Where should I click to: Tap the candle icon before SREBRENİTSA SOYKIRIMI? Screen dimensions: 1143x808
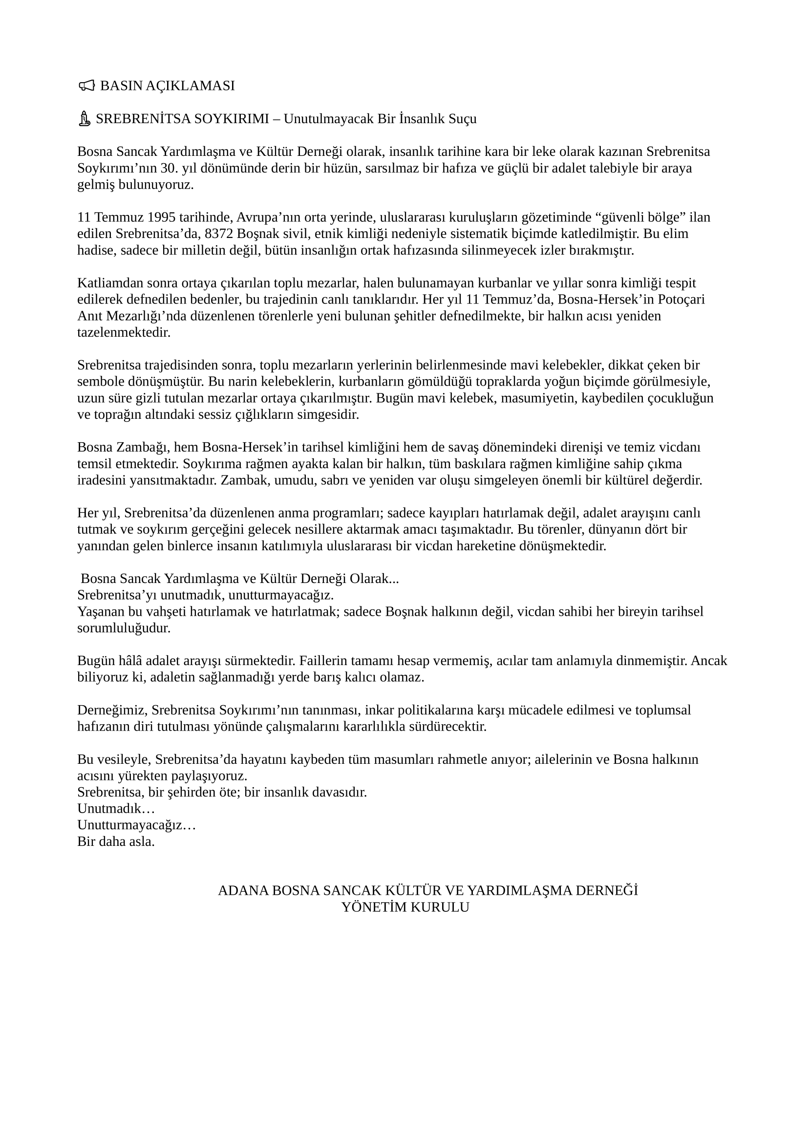(85, 119)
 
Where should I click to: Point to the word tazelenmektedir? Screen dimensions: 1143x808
(124, 333)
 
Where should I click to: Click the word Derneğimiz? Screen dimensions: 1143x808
(111, 711)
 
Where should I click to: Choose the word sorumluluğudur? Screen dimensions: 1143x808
(124, 628)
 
